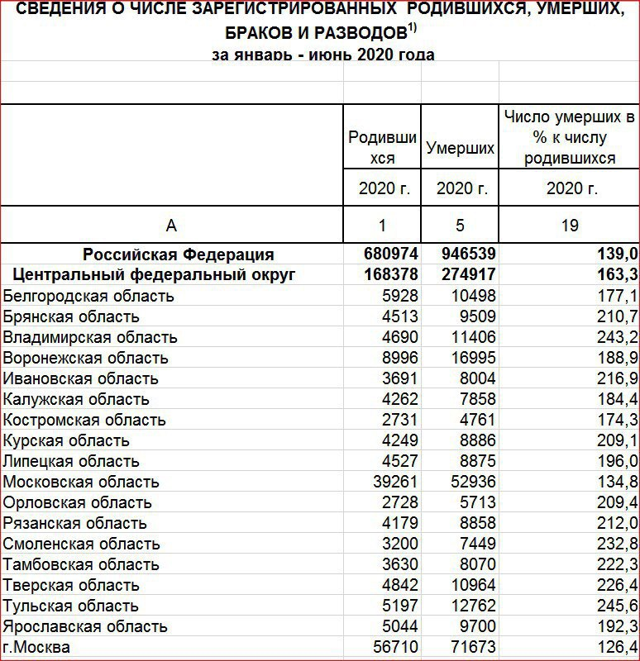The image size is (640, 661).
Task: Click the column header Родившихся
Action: (x=382, y=147)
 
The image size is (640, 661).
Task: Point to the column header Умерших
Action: (x=461, y=149)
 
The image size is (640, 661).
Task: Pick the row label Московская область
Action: (x=81, y=482)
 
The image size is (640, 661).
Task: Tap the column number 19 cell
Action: (x=570, y=225)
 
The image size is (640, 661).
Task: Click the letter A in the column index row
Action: (x=171, y=225)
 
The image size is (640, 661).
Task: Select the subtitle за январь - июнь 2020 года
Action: (x=323, y=55)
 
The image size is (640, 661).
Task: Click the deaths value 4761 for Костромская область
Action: (x=472, y=420)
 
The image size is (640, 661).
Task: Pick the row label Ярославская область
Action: (x=85, y=626)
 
